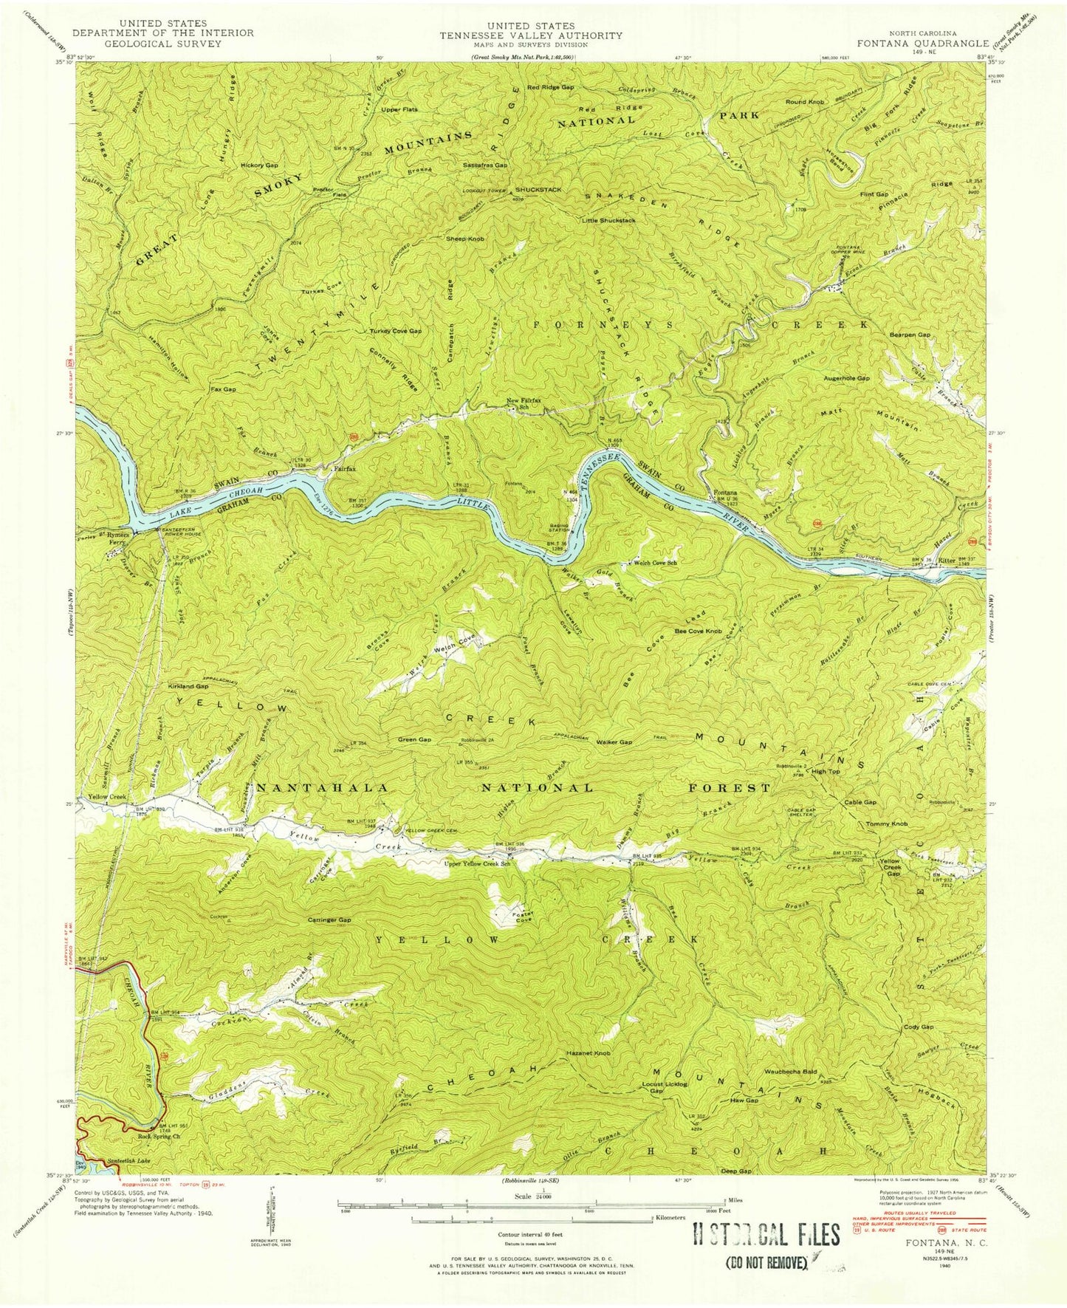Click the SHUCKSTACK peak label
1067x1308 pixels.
click(x=538, y=190)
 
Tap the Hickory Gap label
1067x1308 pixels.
click(x=258, y=165)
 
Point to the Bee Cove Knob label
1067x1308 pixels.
click(x=699, y=631)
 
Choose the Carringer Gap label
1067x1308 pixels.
click(x=329, y=920)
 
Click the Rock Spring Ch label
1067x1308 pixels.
click(x=158, y=1136)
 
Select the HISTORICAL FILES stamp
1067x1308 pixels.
click(x=766, y=1234)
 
